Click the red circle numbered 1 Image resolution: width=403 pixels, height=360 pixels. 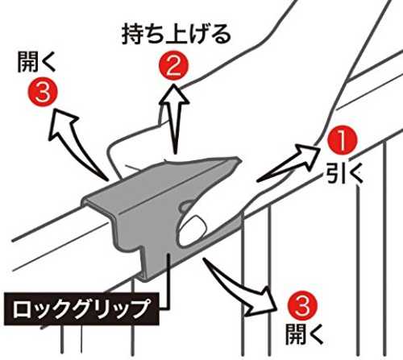[342, 139]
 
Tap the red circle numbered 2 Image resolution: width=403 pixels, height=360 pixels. [173, 65]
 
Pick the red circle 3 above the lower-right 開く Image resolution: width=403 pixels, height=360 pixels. [302, 306]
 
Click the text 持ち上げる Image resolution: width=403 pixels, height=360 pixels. [177, 35]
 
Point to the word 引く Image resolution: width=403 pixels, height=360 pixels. [344, 173]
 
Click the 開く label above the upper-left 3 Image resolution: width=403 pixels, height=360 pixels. [36, 62]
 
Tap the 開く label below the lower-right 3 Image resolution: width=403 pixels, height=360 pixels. [304, 334]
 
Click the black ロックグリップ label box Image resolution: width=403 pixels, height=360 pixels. [81, 309]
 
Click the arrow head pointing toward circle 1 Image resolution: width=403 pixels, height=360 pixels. [308, 156]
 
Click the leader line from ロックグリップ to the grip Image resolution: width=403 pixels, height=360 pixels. [168, 282]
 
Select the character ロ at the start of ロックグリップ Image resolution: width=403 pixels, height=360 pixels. [22, 309]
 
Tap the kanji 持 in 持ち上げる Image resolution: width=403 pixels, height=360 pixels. [133, 35]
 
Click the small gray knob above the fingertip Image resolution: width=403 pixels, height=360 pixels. [185, 205]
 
